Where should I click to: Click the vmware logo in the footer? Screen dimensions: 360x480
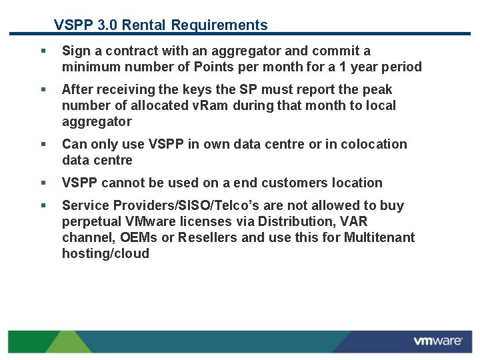tap(437, 341)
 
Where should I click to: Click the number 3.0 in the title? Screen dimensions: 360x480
tap(107, 25)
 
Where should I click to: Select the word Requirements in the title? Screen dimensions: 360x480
tap(219, 25)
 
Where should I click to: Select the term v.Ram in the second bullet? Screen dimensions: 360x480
tap(209, 105)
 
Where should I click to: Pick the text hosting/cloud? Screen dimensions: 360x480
tap(105, 253)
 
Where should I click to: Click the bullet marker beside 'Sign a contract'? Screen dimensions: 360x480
tap(43, 51)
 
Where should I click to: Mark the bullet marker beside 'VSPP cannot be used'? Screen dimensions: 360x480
tap(43, 183)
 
